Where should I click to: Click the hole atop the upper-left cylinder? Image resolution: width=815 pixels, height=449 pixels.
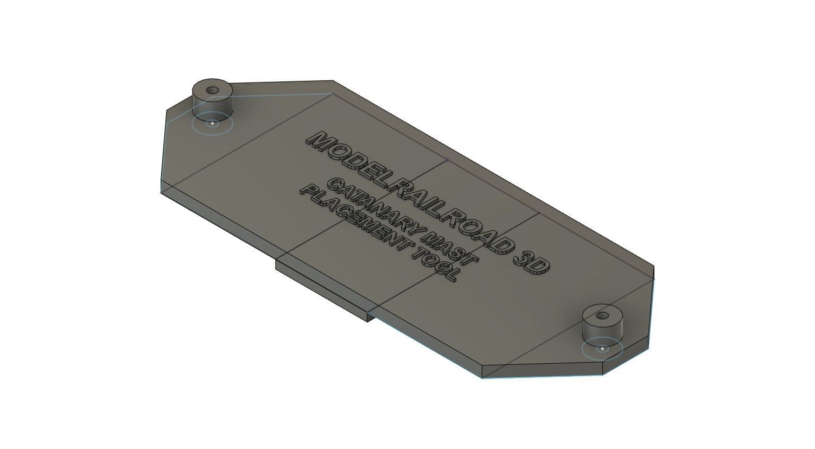[x=213, y=90]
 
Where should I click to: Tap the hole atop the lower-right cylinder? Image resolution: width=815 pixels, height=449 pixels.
[x=602, y=315]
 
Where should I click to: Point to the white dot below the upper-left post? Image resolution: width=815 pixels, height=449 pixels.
[x=213, y=123]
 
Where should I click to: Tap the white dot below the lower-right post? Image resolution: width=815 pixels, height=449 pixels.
[x=602, y=349]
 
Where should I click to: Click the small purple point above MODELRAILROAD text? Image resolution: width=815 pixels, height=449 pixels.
[x=447, y=160]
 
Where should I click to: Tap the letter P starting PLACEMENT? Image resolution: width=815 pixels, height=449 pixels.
[x=307, y=193]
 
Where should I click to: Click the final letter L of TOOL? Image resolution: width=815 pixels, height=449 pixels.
[x=452, y=275]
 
